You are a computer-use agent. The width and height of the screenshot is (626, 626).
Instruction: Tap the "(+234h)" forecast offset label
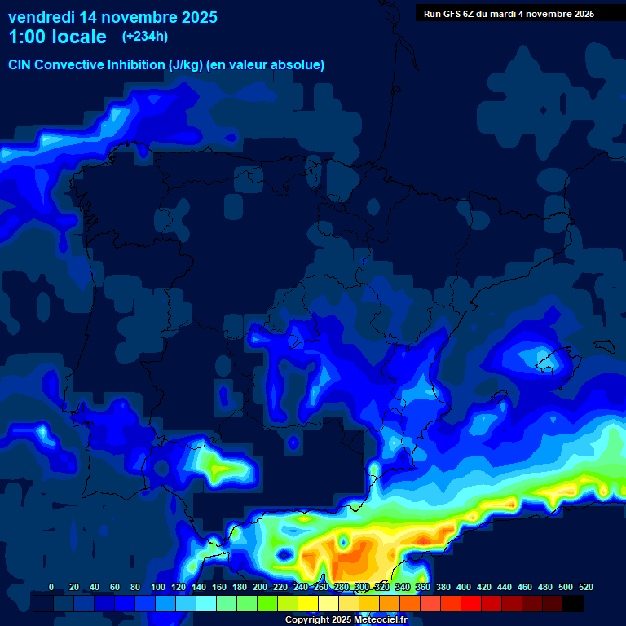point(145,36)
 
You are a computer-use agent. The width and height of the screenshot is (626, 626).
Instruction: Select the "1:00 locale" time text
point(57,37)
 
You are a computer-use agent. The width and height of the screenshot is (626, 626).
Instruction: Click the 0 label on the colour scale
point(51,587)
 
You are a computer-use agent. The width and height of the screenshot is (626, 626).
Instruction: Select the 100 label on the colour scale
point(158,587)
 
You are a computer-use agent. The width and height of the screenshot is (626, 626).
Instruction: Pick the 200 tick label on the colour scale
point(260,587)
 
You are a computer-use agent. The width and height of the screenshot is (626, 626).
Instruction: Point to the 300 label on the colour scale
point(362,587)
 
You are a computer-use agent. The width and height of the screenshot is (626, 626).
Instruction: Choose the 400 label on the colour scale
point(464,587)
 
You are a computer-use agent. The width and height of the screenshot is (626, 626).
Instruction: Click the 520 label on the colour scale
point(586,587)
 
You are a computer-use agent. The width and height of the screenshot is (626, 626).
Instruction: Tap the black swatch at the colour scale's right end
point(573,603)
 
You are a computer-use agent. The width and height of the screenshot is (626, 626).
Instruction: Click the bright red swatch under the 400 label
point(471,603)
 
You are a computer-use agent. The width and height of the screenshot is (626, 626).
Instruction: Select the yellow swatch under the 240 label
point(308,603)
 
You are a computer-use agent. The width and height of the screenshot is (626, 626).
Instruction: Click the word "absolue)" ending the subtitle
point(300,64)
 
